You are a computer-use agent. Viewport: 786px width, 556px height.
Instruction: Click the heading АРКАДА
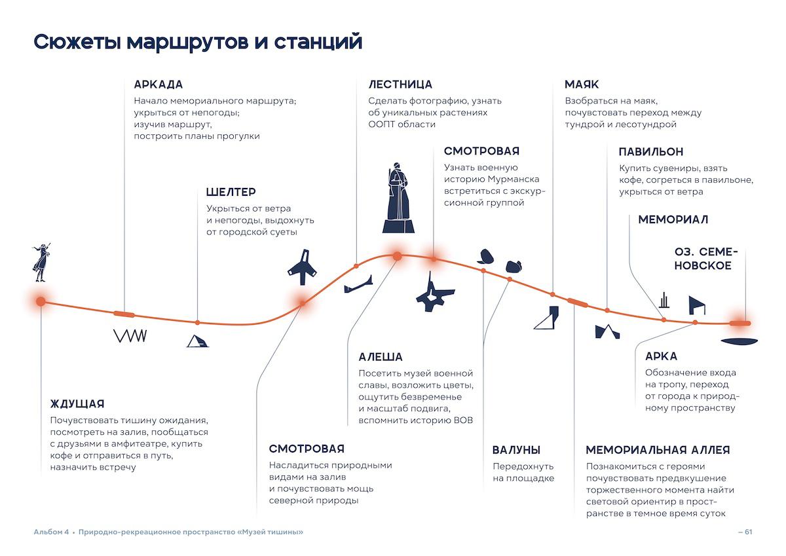pyautogui.click(x=159, y=84)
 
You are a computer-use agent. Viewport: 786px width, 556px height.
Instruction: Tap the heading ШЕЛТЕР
pyautogui.click(x=231, y=192)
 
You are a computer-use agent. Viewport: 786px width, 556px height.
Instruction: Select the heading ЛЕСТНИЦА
pyautogui.click(x=400, y=84)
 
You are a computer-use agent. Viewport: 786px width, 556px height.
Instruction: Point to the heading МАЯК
pyautogui.click(x=582, y=84)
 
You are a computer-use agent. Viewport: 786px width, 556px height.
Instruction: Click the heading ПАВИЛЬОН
pyautogui.click(x=651, y=152)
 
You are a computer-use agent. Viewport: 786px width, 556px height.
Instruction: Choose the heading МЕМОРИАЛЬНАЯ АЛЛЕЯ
pyautogui.click(x=658, y=450)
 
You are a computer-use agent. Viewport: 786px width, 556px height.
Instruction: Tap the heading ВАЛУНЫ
pyautogui.click(x=516, y=450)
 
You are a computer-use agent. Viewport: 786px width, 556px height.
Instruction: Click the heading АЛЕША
pyautogui.click(x=381, y=357)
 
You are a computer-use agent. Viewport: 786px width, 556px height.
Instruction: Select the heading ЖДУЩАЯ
pyautogui.click(x=77, y=404)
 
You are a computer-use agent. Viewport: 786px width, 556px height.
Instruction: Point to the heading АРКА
pyautogui.click(x=661, y=356)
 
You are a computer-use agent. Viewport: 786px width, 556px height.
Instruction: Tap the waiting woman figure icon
pyautogui.click(x=42, y=262)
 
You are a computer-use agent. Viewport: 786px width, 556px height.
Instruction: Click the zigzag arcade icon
pyautogui.click(x=130, y=336)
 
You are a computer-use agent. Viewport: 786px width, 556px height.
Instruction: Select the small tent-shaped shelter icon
pyautogui.click(x=197, y=341)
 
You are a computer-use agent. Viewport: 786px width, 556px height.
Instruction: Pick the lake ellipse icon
pyautogui.click(x=739, y=341)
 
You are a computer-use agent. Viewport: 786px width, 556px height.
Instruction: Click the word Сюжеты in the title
pyautogui.click(x=77, y=42)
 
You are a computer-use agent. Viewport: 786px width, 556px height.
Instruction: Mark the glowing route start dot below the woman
pyautogui.click(x=41, y=301)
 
